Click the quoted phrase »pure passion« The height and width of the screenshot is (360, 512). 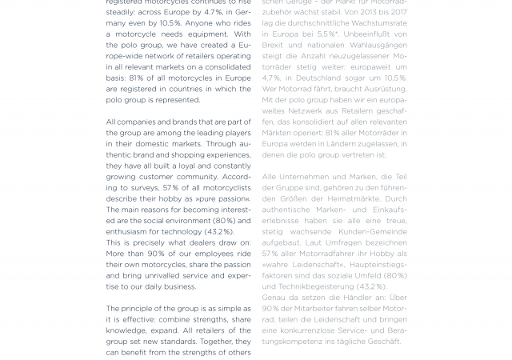(x=223, y=198)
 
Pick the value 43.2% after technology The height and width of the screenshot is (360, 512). (x=218, y=231)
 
